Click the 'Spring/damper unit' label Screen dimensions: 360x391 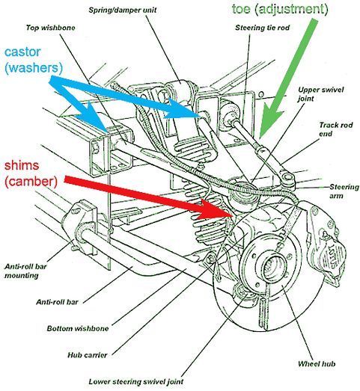(123, 10)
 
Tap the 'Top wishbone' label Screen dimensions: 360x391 (50, 28)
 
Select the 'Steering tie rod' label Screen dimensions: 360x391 (262, 28)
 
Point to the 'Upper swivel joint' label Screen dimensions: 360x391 (321, 94)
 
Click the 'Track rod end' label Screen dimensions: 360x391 (336, 129)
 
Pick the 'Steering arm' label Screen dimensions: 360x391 (344, 191)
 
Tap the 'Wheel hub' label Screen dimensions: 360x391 (317, 364)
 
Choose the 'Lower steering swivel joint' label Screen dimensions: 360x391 (136, 382)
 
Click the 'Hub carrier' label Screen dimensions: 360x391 (88, 355)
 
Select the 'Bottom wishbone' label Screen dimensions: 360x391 (78, 328)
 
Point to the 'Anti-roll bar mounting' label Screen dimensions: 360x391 (25, 271)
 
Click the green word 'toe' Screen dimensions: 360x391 (241, 9)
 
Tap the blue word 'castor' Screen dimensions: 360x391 (22, 52)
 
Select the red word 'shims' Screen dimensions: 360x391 (22, 165)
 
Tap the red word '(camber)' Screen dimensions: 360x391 (31, 181)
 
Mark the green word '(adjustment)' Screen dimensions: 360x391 (291, 10)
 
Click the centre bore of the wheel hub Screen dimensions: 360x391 (271, 265)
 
